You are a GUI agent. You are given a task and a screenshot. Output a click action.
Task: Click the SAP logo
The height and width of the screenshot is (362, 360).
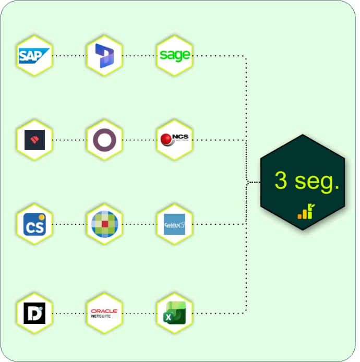pos(34,55)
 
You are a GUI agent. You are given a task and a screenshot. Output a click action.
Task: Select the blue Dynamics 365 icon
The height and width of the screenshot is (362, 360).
pos(104,55)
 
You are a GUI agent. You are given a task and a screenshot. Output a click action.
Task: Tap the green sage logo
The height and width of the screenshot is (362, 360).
pos(174,55)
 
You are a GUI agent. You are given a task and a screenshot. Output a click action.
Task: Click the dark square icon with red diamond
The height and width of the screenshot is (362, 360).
pos(34,140)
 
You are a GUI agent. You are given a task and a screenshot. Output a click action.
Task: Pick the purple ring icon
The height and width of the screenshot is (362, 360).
pos(104,140)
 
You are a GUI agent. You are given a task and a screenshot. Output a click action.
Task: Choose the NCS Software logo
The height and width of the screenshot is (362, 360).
pos(174,139)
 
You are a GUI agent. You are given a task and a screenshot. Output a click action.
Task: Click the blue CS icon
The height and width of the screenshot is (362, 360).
pos(34,224)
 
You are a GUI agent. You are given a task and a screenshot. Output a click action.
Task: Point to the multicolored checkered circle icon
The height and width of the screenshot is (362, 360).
pos(104,224)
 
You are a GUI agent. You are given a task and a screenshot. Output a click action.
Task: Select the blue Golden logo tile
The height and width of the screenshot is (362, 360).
pos(174,224)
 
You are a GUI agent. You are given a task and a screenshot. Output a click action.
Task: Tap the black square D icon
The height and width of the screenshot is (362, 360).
pos(34,313)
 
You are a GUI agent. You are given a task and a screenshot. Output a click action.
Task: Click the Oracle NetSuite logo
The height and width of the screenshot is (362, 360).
pos(104,313)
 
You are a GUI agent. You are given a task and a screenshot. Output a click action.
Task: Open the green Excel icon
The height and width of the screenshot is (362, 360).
pos(174,313)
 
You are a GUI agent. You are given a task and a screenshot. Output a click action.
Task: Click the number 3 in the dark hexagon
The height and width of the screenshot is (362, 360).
pos(281,181)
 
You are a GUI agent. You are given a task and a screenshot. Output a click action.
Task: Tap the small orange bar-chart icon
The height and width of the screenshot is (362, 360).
pos(305,212)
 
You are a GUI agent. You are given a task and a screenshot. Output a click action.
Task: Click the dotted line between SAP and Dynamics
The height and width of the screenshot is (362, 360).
pos(69,55)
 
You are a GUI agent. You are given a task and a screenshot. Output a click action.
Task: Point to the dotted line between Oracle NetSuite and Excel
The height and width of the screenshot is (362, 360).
pos(139,313)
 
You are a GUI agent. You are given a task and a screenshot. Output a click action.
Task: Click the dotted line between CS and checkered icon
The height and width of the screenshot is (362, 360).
pos(69,224)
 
